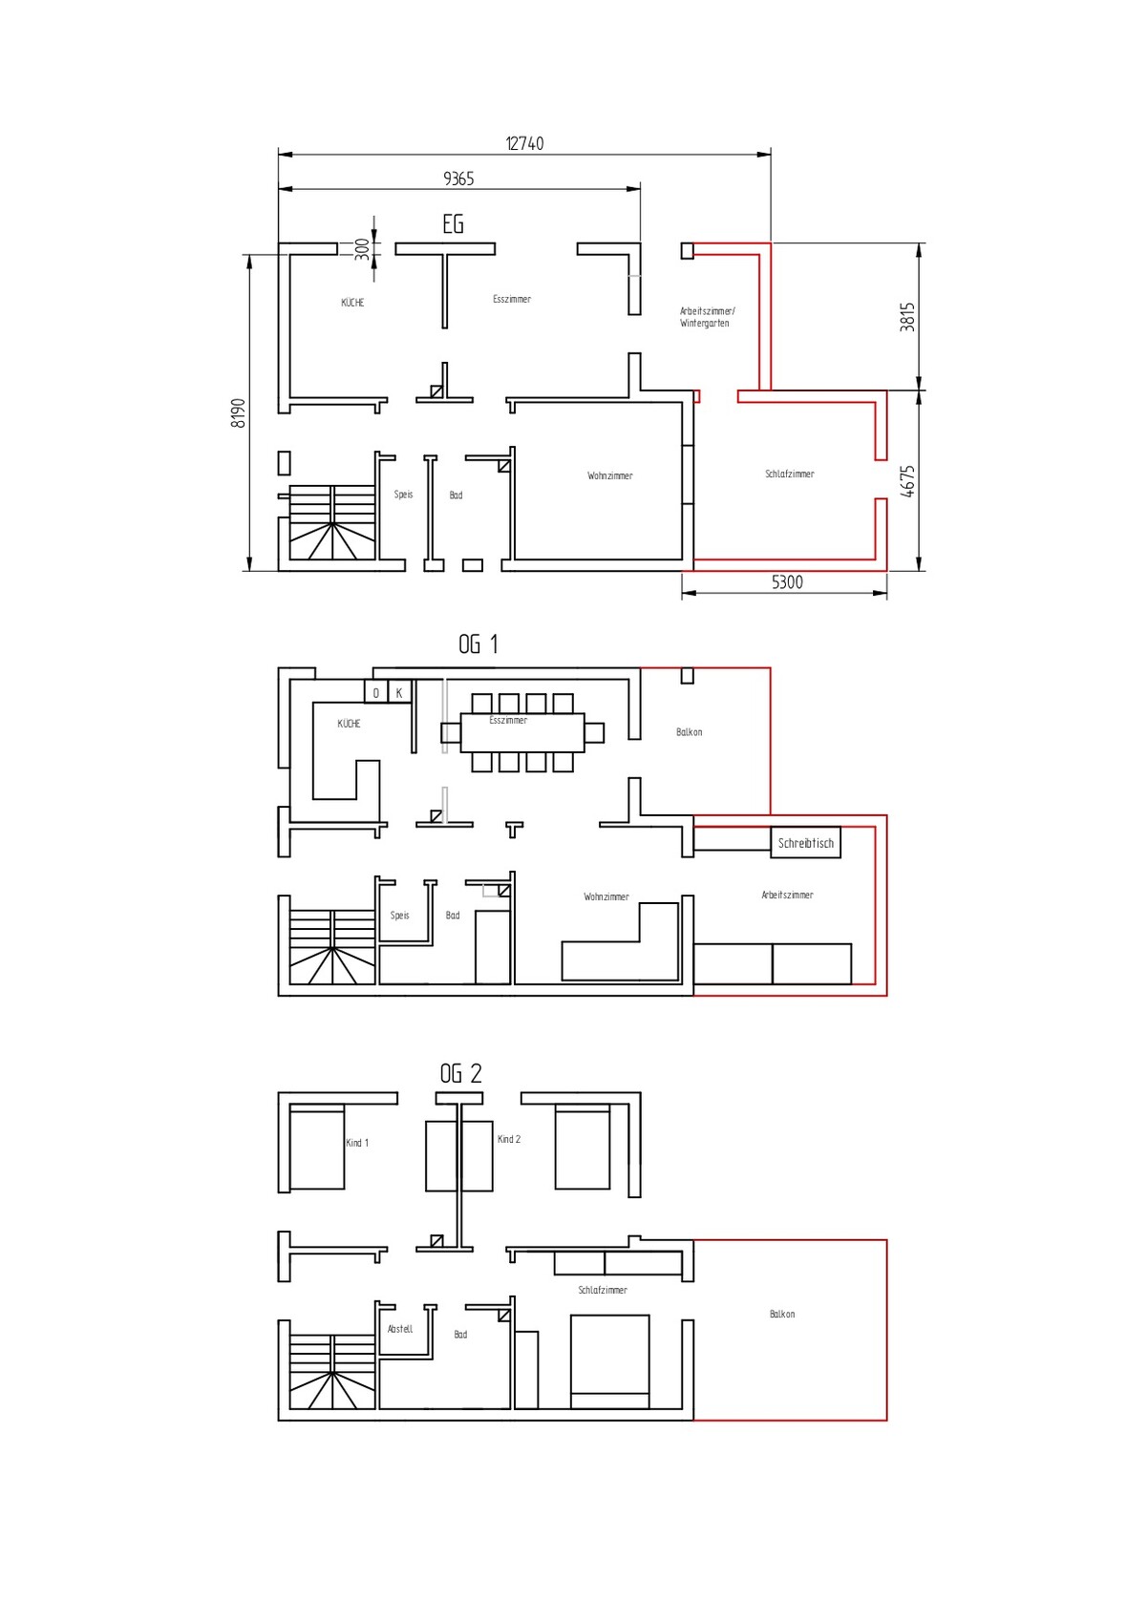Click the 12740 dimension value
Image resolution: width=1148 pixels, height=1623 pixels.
pos(524,143)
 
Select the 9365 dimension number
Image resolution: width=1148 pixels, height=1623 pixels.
pos(458,179)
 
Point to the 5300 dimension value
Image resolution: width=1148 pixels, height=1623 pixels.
pos(787,582)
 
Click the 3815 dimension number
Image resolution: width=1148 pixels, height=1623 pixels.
pos(907,317)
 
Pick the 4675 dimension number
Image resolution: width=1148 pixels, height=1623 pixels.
pos(907,481)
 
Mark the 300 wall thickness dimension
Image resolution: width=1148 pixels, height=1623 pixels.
pos(362,249)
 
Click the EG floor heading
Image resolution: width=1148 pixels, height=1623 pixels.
pos(453,224)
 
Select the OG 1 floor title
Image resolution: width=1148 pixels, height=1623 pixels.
pos(478,644)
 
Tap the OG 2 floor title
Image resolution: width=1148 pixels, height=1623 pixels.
pos(461,1073)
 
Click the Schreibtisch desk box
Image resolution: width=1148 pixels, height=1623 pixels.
pos(805,843)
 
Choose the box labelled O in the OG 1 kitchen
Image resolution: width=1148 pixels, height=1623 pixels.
pos(376,692)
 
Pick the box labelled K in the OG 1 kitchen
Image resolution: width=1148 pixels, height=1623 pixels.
pos(399,692)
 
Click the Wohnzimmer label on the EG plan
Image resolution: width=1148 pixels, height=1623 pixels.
pos(609,476)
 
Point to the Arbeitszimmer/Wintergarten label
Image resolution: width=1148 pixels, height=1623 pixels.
pos(708,317)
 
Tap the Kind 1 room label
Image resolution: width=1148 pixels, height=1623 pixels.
pos(357,1143)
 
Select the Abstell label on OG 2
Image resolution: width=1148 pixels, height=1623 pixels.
pos(400,1329)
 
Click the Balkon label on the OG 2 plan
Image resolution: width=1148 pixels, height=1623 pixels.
pos(782,1314)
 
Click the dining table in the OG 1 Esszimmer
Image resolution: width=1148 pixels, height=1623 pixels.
pos(522,732)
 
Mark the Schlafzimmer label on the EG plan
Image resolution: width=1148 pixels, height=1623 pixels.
pos(789,474)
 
